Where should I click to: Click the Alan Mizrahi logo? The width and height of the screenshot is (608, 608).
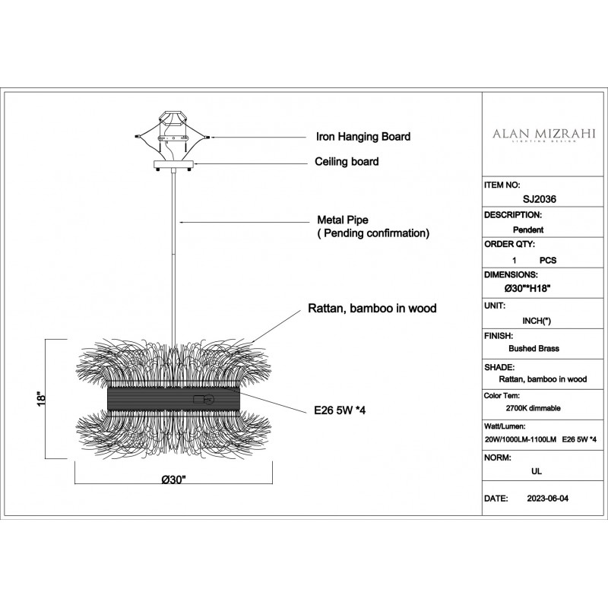pyautogui.click(x=544, y=135)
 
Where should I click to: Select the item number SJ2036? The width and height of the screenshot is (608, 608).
pyautogui.click(x=540, y=199)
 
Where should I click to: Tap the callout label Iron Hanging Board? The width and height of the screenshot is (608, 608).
pyautogui.click(x=363, y=137)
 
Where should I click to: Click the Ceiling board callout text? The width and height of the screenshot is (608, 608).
pyautogui.click(x=347, y=161)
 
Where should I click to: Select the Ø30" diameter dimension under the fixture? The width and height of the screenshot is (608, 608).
pyautogui.click(x=174, y=480)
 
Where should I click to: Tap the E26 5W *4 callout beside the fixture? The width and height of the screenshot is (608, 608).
pyautogui.click(x=340, y=410)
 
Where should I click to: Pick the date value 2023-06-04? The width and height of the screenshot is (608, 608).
pyautogui.click(x=547, y=499)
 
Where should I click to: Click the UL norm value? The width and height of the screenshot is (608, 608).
pyautogui.click(x=537, y=471)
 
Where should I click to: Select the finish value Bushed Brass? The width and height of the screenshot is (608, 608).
pyautogui.click(x=534, y=349)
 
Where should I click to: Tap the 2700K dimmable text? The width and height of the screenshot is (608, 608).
pyautogui.click(x=533, y=408)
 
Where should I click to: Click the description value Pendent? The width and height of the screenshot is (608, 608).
pyautogui.click(x=528, y=230)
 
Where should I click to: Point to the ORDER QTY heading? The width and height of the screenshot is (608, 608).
pyautogui.click(x=509, y=244)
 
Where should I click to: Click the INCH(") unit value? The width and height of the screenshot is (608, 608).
pyautogui.click(x=537, y=321)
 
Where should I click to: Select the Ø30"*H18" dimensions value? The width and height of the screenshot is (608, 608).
pyautogui.click(x=527, y=289)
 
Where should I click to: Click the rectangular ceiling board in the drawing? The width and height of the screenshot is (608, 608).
pyautogui.click(x=173, y=164)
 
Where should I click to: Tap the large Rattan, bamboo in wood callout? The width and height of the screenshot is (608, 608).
pyautogui.click(x=372, y=309)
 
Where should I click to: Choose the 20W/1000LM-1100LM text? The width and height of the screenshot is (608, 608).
pyautogui.click(x=521, y=440)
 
